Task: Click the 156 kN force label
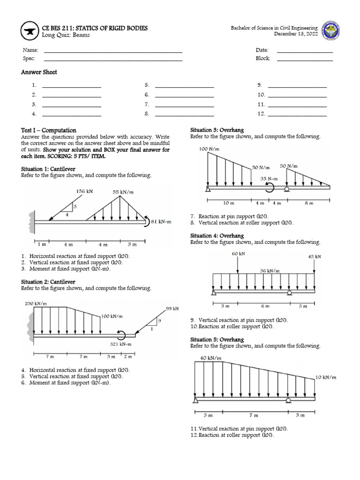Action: [84, 191]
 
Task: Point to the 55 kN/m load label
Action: [122, 192]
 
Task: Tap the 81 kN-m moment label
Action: [161, 222]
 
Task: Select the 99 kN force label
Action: [172, 309]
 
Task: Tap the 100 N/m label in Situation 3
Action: [210, 149]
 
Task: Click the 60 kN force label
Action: [238, 254]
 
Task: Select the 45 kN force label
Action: [314, 256]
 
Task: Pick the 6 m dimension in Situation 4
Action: [265, 306]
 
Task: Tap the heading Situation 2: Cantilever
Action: [48, 282]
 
